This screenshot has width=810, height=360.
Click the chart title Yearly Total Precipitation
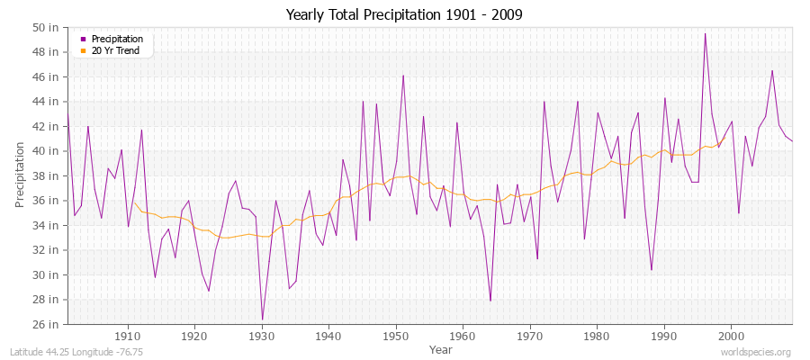(x=404, y=15)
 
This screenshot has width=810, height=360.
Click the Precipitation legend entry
(x=117, y=39)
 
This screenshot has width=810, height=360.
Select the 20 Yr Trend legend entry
(x=117, y=50)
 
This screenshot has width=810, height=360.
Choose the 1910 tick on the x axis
(x=128, y=337)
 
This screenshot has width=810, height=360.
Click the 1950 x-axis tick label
(x=396, y=337)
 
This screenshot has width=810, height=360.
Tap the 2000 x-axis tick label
(x=731, y=337)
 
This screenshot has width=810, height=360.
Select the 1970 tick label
(x=530, y=337)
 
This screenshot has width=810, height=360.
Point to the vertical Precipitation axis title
(x=20, y=175)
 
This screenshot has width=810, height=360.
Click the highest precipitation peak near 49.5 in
(x=705, y=34)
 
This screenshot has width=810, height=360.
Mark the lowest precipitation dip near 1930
(x=262, y=319)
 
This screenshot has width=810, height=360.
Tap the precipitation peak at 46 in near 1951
(x=403, y=76)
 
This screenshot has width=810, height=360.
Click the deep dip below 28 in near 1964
(x=490, y=301)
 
